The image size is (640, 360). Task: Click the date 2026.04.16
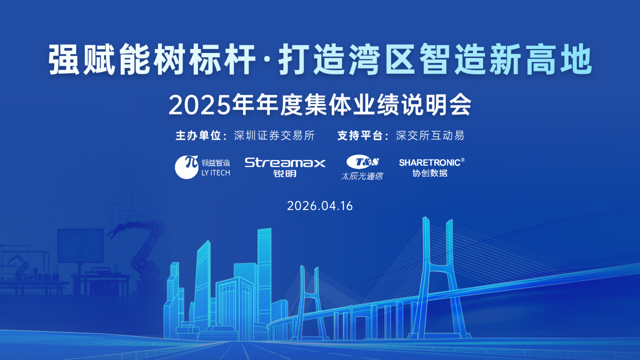[320, 206]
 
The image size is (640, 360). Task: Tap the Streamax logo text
[285, 162]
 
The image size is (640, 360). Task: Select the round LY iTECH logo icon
[186, 167]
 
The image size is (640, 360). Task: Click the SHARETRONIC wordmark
[429, 163]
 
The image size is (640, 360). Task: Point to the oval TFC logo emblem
[362, 162]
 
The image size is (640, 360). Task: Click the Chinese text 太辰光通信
[362, 176]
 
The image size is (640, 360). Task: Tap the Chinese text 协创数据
[430, 173]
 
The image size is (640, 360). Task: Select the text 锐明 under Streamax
[285, 173]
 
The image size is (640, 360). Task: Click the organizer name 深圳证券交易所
[274, 136]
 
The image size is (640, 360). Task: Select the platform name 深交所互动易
[430, 136]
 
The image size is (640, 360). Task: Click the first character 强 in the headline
[64, 60]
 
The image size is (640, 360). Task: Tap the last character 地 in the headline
[575, 60]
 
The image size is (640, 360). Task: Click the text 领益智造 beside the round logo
[215, 163]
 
